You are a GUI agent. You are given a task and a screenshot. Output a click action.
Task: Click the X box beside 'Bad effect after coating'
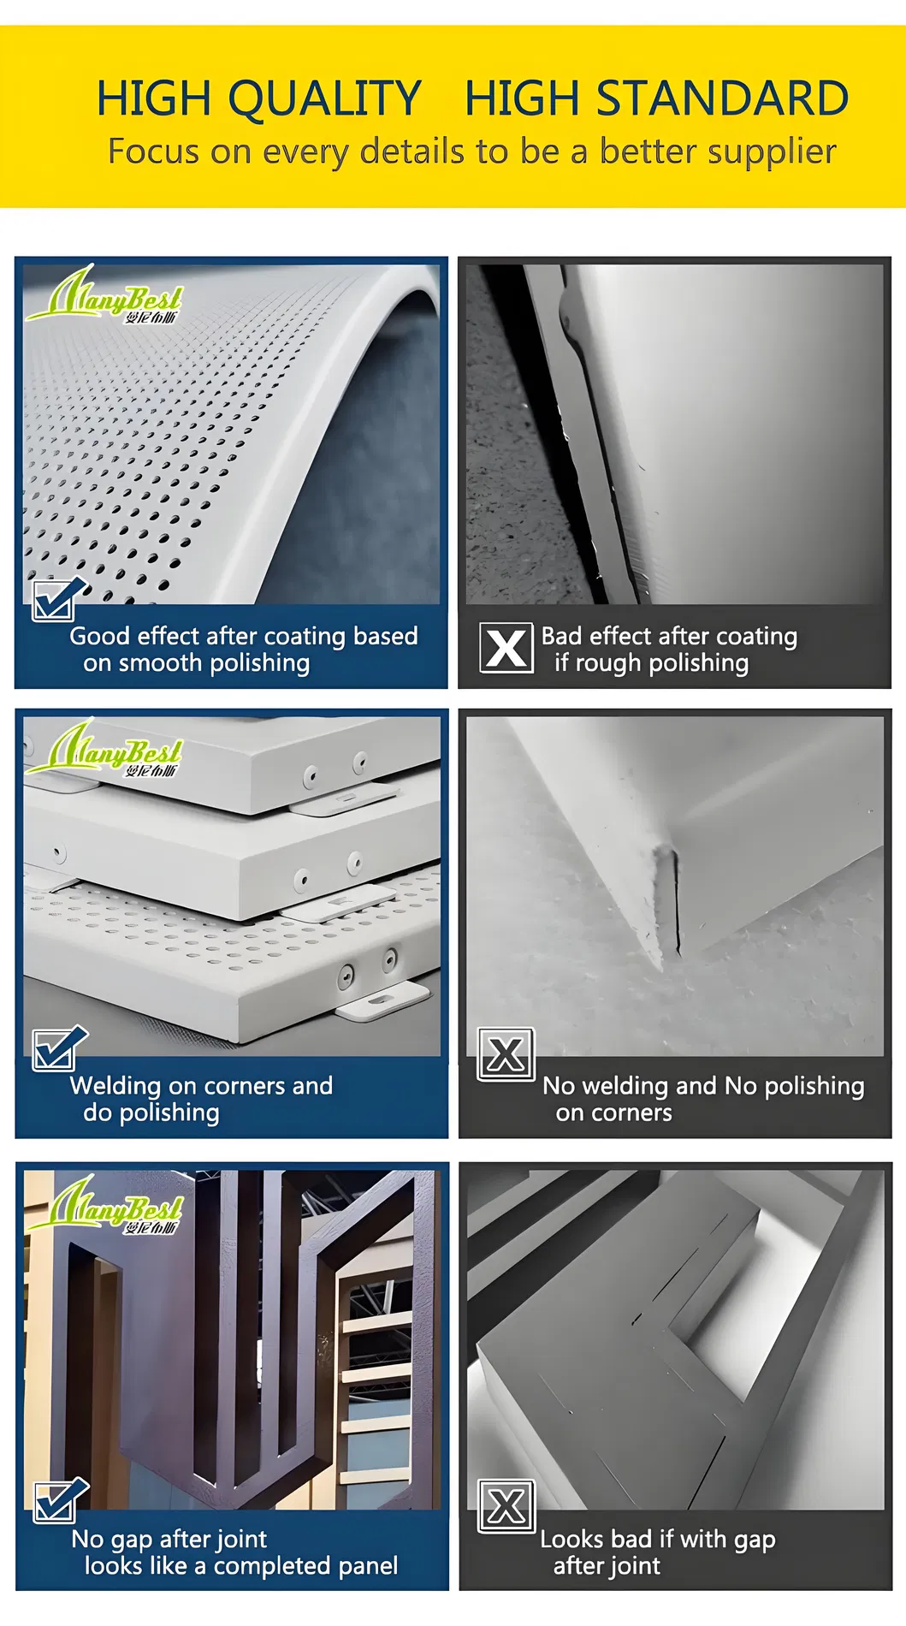pyautogui.click(x=506, y=648)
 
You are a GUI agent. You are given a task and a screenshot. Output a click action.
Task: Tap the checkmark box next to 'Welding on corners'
pyautogui.click(x=56, y=1048)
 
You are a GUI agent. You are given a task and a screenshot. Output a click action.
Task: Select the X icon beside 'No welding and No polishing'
pyautogui.click(x=506, y=1054)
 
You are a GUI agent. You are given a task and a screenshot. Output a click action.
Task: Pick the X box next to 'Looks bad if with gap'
pyautogui.click(x=506, y=1506)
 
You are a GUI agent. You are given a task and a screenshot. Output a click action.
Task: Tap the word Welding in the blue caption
pyautogui.click(x=115, y=1086)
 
